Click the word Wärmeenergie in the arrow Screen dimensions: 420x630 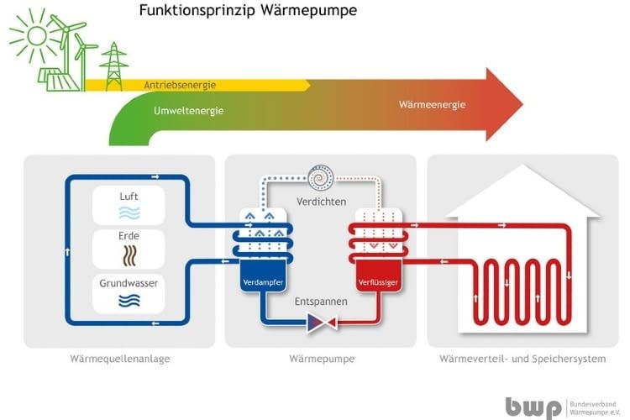point(432,105)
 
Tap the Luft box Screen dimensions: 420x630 point(129,206)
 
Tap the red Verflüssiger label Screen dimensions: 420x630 point(375,282)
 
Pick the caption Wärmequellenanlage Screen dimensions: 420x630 point(123,360)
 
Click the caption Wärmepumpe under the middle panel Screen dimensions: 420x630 point(321,360)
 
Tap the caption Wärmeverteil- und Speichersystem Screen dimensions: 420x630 point(522,360)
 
